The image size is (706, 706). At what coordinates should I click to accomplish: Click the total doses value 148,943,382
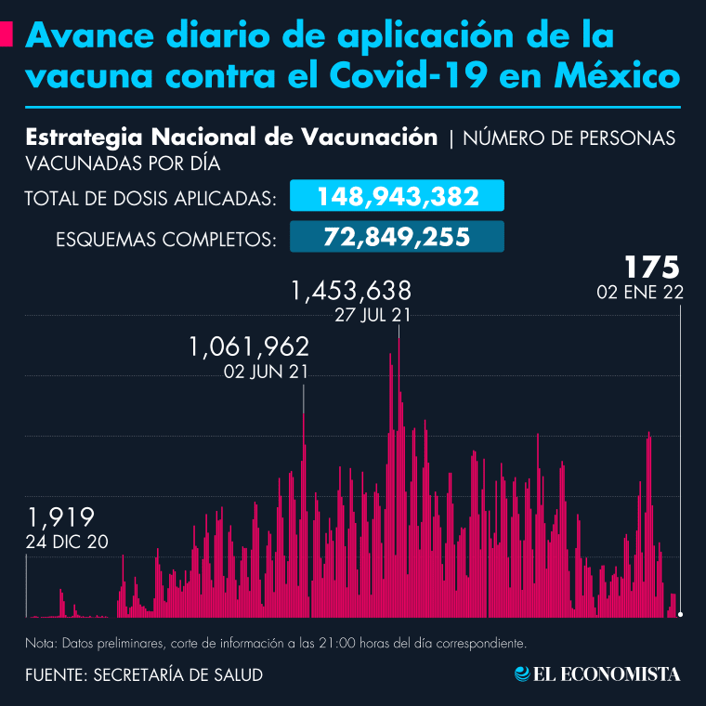point(398,197)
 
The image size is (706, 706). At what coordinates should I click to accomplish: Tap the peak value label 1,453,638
point(351,292)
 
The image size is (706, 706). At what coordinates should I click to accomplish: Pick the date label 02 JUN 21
point(267,372)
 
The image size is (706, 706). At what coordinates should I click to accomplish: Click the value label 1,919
point(61,517)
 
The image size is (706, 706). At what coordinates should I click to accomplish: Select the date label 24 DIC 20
point(69,541)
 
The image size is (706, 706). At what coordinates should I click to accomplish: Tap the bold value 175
point(652,268)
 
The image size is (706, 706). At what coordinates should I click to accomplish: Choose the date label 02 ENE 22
point(641,293)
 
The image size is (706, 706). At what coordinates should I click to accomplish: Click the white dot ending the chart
point(681,614)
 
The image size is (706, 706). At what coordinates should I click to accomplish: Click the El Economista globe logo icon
point(524,673)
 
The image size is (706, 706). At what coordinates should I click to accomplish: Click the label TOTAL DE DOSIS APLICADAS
point(151,199)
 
